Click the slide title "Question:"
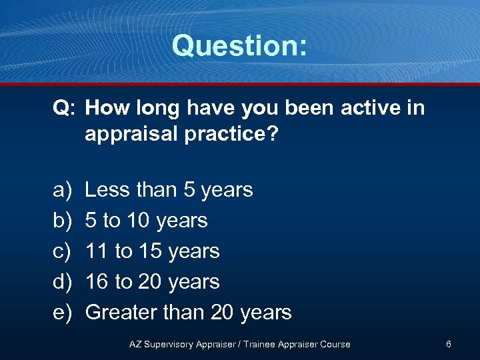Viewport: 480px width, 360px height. tap(239, 46)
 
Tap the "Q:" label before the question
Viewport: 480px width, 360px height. tap(65, 108)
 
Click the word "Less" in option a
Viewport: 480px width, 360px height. tap(107, 190)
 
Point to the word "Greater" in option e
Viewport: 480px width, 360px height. tap(123, 313)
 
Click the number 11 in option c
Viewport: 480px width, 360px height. tap(97, 251)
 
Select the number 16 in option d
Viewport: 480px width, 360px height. tap(97, 282)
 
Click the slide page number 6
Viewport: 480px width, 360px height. tap(449, 344)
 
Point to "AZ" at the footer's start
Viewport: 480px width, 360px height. tap(135, 345)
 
